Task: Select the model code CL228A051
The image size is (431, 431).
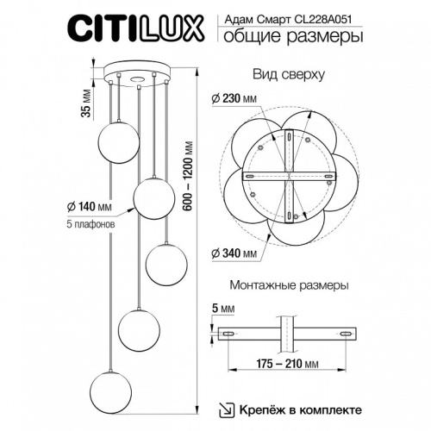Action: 331,15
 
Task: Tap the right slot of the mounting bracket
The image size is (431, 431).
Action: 346,334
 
